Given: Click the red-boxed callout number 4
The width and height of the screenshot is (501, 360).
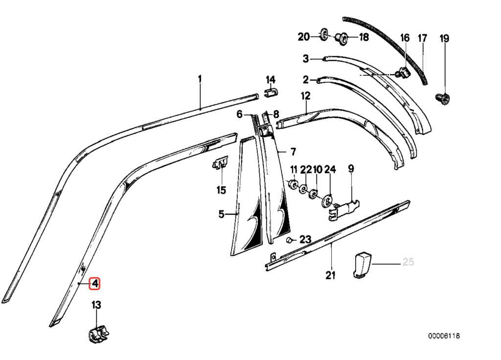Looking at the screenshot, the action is [x=94, y=283].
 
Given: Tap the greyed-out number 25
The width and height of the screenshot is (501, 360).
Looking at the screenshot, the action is [x=408, y=262].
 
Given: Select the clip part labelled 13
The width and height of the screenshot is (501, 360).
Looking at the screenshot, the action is [x=98, y=334].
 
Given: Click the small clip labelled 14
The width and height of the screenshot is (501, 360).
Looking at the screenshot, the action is [x=271, y=92].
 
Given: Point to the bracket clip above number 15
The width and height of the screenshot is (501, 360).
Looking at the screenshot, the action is [x=220, y=163].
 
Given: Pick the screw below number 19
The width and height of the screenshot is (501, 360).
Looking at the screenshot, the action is [x=443, y=99].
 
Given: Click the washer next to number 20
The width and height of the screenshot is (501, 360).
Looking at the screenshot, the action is [x=323, y=34].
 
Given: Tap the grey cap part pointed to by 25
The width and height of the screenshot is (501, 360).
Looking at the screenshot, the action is [x=362, y=265].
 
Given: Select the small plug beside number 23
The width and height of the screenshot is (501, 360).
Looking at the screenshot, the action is [x=289, y=240].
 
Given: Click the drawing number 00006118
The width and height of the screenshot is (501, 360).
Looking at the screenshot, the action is [x=444, y=336].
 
